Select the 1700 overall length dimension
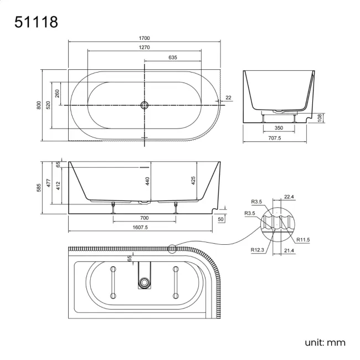tap(144, 38)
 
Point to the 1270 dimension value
tap(144, 48)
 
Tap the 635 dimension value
tap(172, 57)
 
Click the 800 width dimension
tap(39, 105)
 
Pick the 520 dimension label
tap(48, 105)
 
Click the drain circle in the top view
tap(144, 105)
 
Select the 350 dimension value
tap(279, 128)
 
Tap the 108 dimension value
tap(320, 117)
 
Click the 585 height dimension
tap(39, 188)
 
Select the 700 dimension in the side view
tap(144, 218)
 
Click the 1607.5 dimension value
tap(140, 227)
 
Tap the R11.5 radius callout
tap(303, 239)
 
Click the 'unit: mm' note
tap(325, 342)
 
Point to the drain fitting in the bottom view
tap(145, 282)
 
